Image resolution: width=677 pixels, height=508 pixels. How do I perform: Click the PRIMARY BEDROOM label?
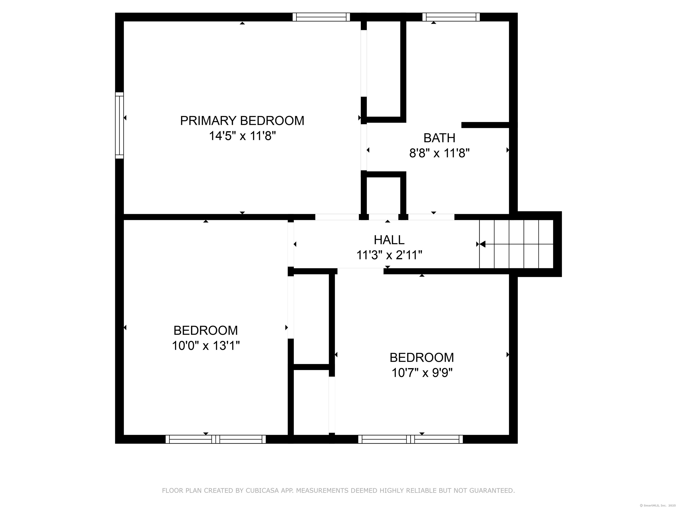(242, 121)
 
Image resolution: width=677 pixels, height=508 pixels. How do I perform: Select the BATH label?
(439, 138)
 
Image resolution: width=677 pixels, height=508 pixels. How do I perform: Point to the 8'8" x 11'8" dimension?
(439, 153)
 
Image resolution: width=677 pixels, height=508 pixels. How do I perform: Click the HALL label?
(389, 240)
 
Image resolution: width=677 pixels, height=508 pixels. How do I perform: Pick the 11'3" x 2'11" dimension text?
(389, 255)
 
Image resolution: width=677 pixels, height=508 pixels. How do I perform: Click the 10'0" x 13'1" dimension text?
(206, 346)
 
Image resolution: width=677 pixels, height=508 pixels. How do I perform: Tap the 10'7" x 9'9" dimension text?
(422, 373)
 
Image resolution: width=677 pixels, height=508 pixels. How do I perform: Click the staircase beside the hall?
(516, 244)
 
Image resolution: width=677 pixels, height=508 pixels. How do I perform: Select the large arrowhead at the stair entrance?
(482, 244)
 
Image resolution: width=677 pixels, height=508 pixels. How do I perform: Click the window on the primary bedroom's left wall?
(119, 125)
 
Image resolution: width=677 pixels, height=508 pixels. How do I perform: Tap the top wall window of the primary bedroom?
(321, 17)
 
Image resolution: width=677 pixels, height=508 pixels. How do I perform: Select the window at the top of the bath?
(451, 17)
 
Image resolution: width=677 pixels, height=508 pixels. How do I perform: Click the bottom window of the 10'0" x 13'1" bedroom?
(216, 439)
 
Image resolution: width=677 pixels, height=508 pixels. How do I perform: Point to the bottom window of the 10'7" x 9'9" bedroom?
(410, 439)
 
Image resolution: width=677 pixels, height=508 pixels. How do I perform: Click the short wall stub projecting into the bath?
(485, 125)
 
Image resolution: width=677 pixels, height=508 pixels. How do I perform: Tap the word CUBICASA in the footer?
(262, 491)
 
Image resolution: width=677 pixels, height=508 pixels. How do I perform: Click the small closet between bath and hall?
(383, 195)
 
